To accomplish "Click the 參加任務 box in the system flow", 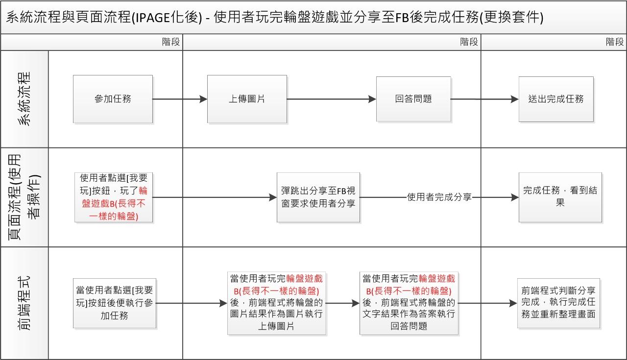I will click(x=113, y=99).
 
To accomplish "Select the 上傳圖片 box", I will click(x=247, y=99).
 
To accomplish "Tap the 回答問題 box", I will click(x=413, y=99).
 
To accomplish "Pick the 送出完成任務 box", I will click(x=556, y=99).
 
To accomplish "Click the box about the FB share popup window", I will click(x=318, y=197).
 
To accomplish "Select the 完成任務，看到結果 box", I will click(x=560, y=197).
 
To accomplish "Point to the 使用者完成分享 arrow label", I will click(x=439, y=197).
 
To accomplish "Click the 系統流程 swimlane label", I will click(x=24, y=99).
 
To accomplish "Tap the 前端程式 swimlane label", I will click(x=24, y=303).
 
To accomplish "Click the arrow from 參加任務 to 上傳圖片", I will click(x=180, y=99).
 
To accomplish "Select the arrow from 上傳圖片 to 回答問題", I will click(x=331, y=99).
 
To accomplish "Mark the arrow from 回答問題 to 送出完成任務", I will click(x=484, y=99).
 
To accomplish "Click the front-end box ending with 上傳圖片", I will click(x=276, y=303).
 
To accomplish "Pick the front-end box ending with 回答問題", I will click(x=409, y=303).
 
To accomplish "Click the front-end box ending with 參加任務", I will click(x=114, y=303).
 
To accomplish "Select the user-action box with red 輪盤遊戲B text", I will click(x=114, y=197).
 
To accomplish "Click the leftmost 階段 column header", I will click(x=171, y=42).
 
